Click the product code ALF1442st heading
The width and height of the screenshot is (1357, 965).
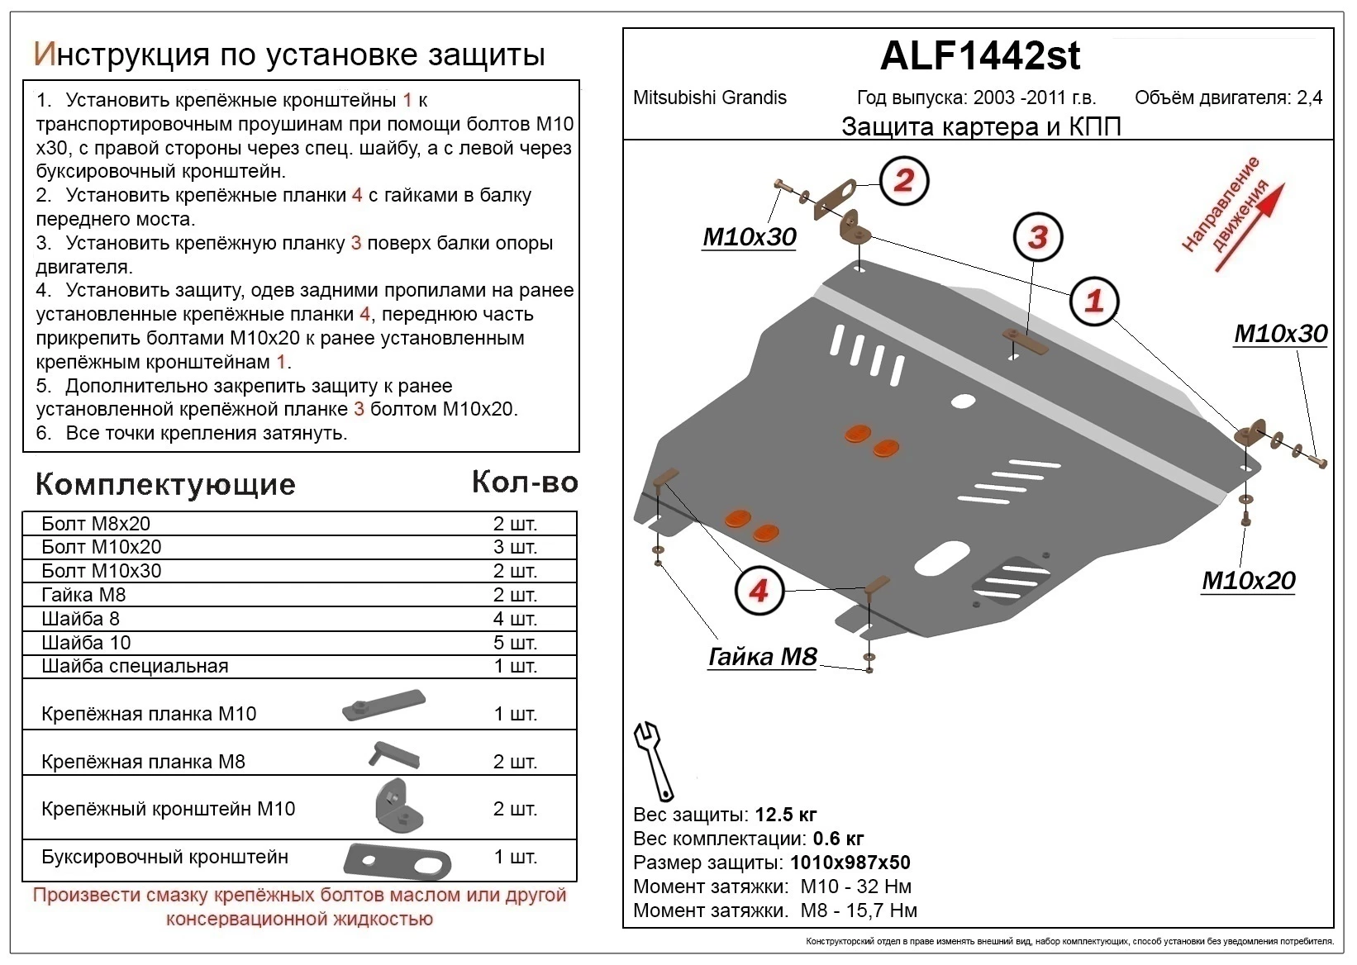click(x=979, y=56)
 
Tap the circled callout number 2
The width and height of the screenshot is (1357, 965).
click(x=903, y=180)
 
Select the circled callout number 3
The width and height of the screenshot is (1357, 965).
click(x=1037, y=237)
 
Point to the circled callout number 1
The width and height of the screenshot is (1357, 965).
click(x=1094, y=300)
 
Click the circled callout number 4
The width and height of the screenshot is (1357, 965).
click(x=759, y=590)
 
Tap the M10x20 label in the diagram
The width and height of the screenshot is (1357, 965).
click(x=1248, y=580)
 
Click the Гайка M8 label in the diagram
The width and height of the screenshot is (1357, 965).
click(x=762, y=656)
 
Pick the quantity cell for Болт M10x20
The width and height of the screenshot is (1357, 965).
click(x=515, y=547)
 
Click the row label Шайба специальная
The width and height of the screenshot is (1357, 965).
click(x=135, y=666)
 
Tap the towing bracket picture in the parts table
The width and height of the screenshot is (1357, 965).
click(x=397, y=860)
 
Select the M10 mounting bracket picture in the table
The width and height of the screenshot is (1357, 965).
click(x=398, y=806)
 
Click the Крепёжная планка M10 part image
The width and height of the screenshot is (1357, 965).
click(x=383, y=705)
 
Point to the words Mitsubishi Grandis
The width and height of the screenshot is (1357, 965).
click(x=709, y=97)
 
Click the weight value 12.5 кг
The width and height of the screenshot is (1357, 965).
click(x=785, y=815)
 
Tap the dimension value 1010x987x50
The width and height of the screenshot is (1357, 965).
click(x=850, y=863)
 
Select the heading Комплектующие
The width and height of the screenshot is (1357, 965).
click(x=165, y=484)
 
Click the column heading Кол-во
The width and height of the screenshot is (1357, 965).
click(x=524, y=482)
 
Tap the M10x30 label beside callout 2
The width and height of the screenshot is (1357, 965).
click(x=749, y=236)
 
